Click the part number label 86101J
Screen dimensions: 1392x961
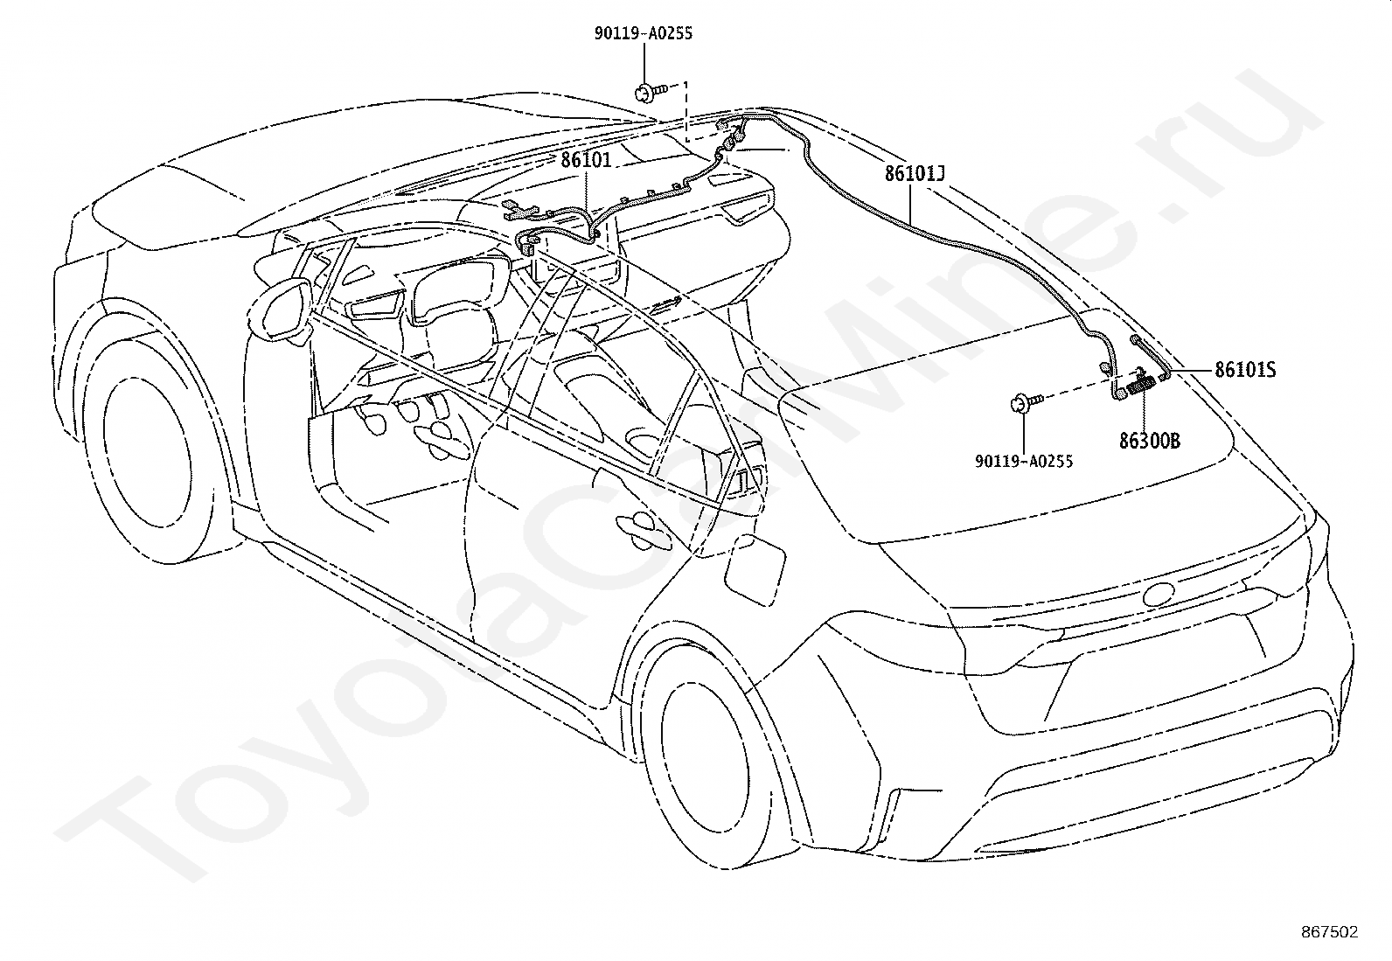coord(915,173)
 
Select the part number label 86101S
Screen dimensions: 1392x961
coord(1245,370)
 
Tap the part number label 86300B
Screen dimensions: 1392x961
coord(1150,441)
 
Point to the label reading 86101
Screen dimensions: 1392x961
coord(586,160)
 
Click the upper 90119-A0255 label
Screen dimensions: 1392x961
coord(644,33)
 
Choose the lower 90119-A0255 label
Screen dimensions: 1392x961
coord(1024,461)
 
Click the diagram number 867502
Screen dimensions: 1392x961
coord(1330,932)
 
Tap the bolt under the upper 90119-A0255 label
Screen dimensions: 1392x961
coord(650,93)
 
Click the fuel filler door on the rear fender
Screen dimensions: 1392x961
coord(755,568)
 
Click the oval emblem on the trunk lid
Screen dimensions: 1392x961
coord(1159,595)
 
